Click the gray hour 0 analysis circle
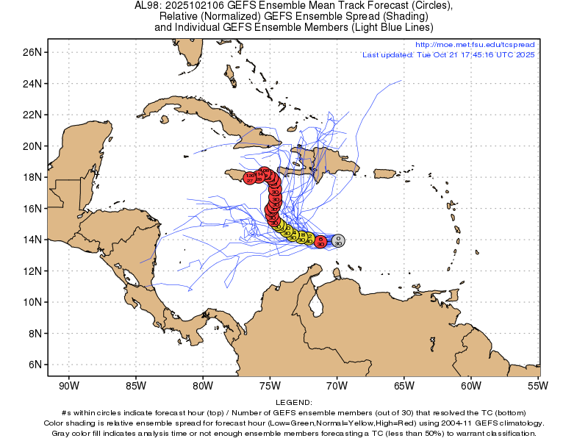(337, 240)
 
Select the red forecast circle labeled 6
(321, 240)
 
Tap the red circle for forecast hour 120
(250, 177)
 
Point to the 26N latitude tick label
(31, 52)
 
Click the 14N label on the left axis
(31, 240)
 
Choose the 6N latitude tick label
(33, 365)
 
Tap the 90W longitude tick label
(68, 385)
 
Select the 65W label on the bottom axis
(404, 385)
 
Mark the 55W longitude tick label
(537, 385)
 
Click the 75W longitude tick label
(270, 385)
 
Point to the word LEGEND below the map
(293, 402)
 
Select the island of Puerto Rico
(384, 173)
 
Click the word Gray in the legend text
(62, 433)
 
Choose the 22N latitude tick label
(31, 115)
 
